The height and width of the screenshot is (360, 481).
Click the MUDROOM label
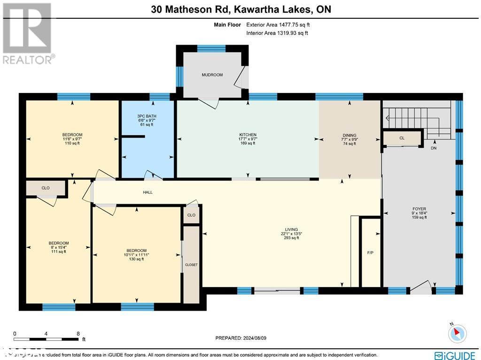[x=212, y=75]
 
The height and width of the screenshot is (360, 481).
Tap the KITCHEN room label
[x=247, y=135]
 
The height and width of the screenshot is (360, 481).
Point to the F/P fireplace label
[x=370, y=253]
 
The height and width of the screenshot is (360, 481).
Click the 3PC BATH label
[x=147, y=116]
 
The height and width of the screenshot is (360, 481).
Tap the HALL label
[x=147, y=192]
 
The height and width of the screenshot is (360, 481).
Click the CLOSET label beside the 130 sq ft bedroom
[x=191, y=265]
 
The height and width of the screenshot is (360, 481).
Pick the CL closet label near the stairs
[x=402, y=138]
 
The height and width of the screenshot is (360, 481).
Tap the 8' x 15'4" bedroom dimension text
[x=59, y=247]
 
